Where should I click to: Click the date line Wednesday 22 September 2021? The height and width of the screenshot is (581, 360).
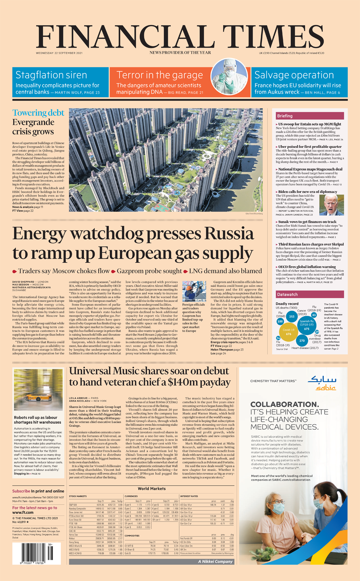(x=59, y=53)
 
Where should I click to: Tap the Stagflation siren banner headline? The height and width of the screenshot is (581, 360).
(x=51, y=75)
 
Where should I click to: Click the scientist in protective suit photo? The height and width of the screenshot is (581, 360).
(x=229, y=76)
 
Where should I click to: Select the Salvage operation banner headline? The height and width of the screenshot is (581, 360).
(x=294, y=75)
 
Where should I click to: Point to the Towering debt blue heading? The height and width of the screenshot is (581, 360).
(x=38, y=113)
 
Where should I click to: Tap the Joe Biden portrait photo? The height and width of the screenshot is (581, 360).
(x=331, y=205)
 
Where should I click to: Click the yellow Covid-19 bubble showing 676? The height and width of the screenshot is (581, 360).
(x=288, y=332)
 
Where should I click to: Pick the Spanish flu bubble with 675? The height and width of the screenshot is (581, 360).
(x=307, y=327)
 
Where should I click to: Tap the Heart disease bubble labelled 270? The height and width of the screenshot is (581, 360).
(x=302, y=341)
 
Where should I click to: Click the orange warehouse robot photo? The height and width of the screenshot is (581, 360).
(x=38, y=390)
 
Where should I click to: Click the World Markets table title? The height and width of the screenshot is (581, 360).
(x=152, y=489)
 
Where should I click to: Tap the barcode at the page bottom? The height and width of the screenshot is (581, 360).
(x=37, y=553)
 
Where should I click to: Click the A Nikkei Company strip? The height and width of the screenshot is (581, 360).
(x=215, y=561)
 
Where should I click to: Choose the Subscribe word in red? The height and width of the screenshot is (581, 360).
(x=21, y=491)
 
